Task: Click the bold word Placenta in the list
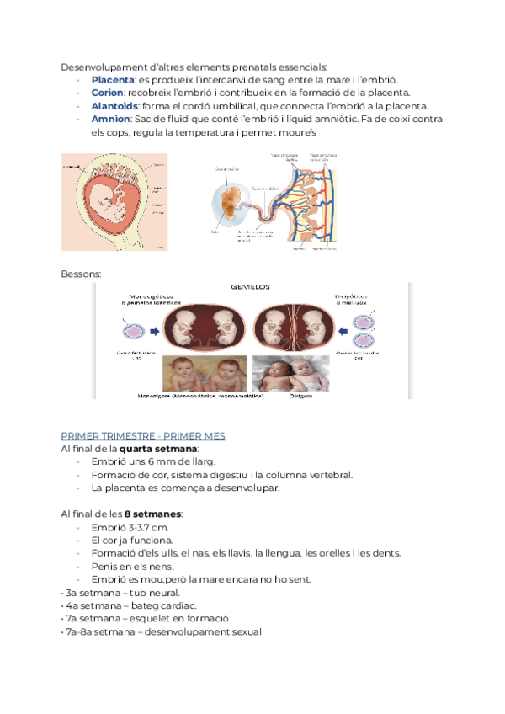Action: coord(111,79)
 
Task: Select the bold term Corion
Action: coord(107,93)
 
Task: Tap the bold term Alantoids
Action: coord(115,106)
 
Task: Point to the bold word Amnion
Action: coord(109,120)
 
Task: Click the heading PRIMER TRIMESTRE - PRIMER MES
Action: coord(143,435)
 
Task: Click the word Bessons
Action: coord(81,274)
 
